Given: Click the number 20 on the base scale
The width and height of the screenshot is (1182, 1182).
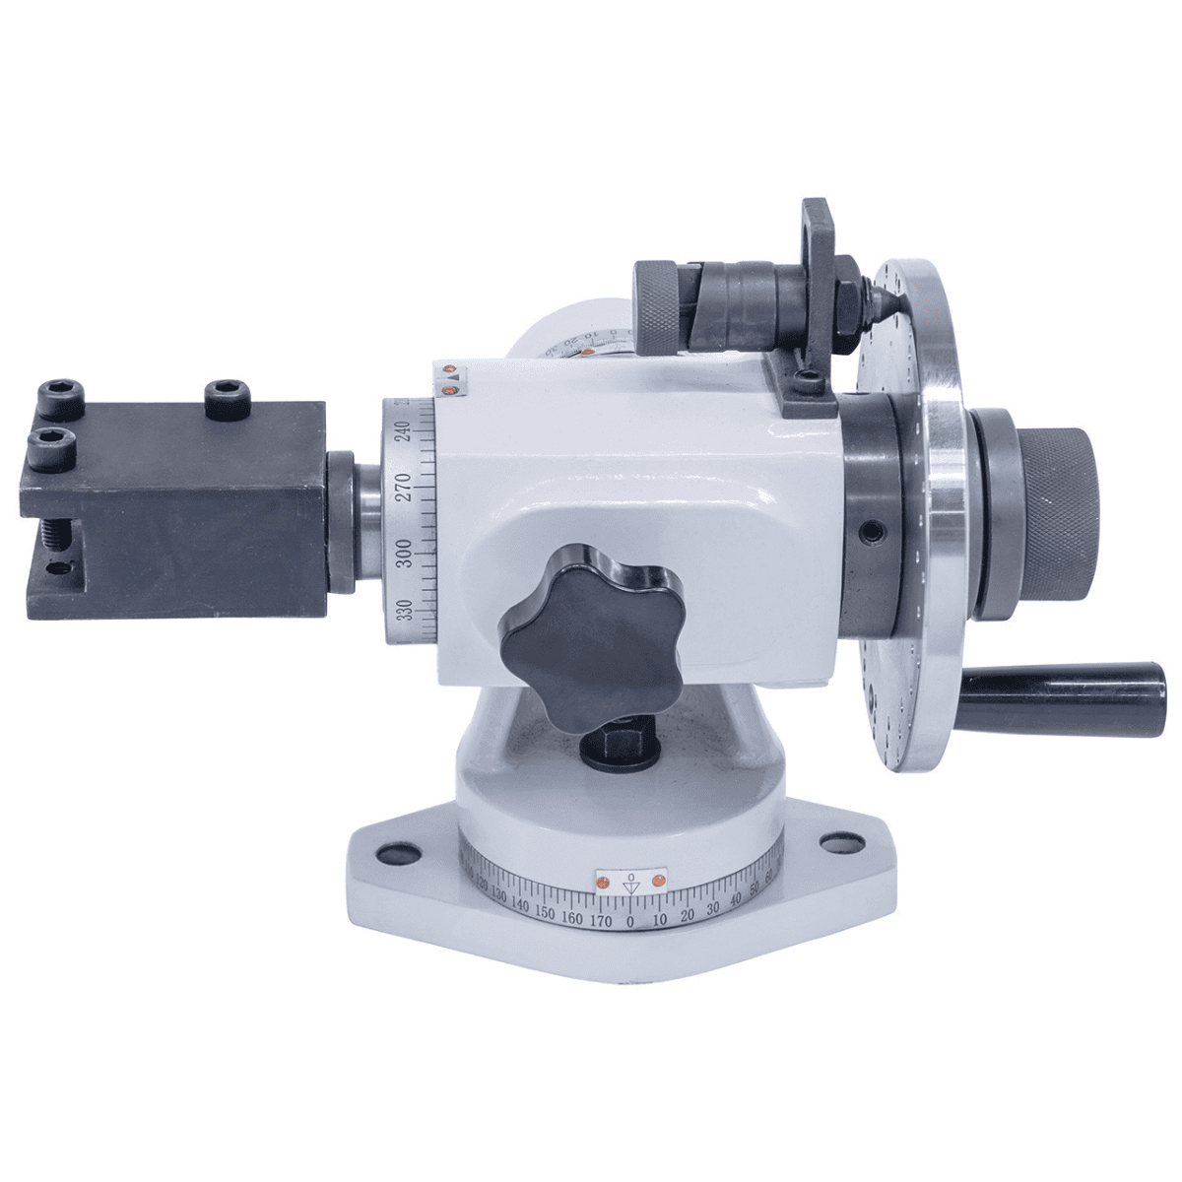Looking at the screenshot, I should (689, 917).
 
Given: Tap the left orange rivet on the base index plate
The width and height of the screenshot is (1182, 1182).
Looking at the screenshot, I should (603, 878).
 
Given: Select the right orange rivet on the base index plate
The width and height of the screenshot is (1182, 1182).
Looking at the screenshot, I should (659, 877).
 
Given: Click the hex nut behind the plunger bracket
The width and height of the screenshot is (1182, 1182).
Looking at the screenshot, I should (845, 291).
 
